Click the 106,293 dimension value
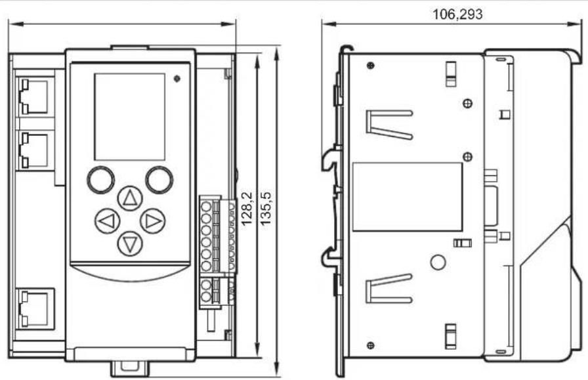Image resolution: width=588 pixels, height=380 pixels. coord(457,14)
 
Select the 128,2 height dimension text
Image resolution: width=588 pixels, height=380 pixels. coord(246,209)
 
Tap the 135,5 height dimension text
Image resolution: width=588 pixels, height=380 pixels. coord(266,209)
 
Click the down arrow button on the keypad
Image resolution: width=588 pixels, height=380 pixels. coord(130,244)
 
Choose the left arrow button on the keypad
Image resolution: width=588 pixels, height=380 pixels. coord(107,221)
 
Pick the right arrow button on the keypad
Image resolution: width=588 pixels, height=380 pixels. coord(153,221)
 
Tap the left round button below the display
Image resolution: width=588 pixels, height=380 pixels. coord(101,180)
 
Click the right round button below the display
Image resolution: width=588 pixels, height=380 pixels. coord(159,180)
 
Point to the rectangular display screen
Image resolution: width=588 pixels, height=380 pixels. coord(130,117)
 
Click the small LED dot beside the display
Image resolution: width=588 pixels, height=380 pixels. coord(177,79)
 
